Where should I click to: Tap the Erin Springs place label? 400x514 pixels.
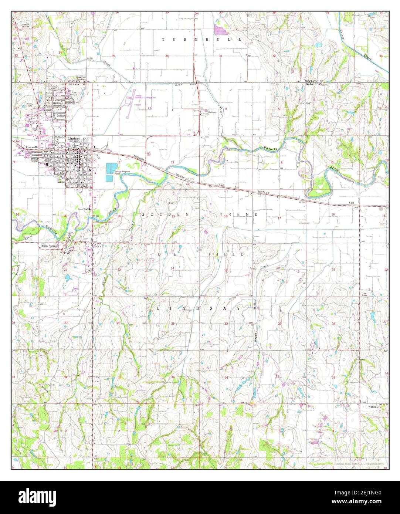50,248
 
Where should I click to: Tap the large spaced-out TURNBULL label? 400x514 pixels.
202,39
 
